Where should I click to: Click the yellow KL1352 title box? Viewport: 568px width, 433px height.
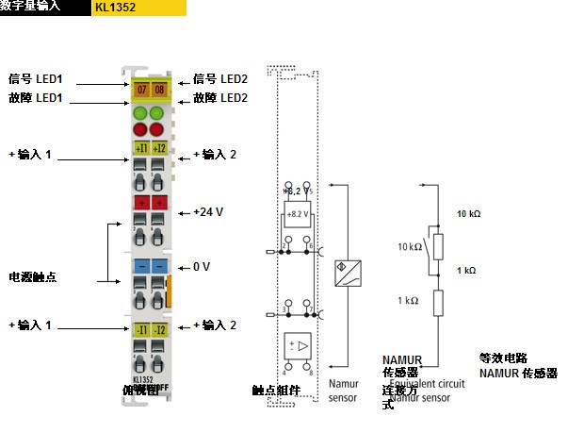click(139, 8)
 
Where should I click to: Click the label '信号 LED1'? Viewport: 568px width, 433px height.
click(35, 79)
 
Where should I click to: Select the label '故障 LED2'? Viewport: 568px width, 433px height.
click(220, 98)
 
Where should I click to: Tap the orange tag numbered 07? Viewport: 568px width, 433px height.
click(142, 91)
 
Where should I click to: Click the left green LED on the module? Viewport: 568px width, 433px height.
click(142, 112)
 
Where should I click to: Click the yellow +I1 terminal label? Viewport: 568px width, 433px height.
click(142, 148)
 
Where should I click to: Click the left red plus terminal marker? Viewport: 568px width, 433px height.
click(142, 203)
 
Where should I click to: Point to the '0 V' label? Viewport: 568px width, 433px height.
click(202, 267)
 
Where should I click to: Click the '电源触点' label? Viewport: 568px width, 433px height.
click(32, 277)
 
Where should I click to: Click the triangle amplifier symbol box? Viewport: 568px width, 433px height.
click(298, 345)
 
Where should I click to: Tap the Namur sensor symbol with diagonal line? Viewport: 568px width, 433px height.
click(349, 271)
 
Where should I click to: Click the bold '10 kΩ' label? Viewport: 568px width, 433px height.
click(468, 214)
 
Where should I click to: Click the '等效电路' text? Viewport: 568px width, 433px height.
click(499, 358)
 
